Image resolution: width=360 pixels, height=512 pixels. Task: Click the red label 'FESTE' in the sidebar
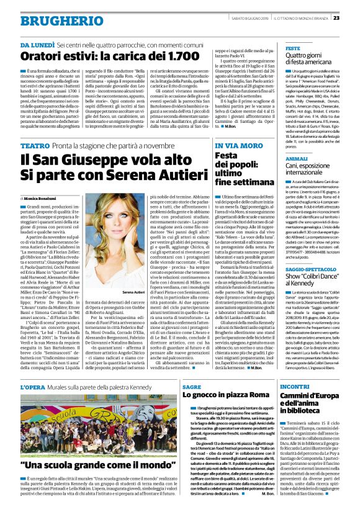[x=292, y=48]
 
